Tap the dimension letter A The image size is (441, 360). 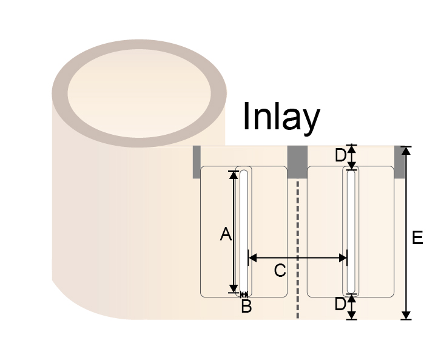(x=226, y=234)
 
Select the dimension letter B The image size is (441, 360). (x=246, y=306)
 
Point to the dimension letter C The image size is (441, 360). (x=280, y=271)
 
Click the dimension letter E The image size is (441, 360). (x=417, y=237)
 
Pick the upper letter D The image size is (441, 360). (x=340, y=155)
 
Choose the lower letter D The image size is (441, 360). (x=340, y=304)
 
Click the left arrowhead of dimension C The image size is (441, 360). (x=252, y=257)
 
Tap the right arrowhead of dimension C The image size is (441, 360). (x=343, y=257)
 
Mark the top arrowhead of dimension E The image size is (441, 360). (x=406, y=151)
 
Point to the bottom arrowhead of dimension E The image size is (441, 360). (x=406, y=315)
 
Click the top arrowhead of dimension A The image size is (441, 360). (x=234, y=175)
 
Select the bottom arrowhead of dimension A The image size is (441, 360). (x=234, y=289)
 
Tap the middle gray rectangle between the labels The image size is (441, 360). (x=297, y=162)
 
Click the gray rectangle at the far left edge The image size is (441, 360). (x=197, y=162)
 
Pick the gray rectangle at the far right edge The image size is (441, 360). (x=399, y=162)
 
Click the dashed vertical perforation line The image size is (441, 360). (x=298, y=250)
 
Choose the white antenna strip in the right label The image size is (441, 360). (x=351, y=232)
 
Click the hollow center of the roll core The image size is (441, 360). (x=140, y=93)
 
